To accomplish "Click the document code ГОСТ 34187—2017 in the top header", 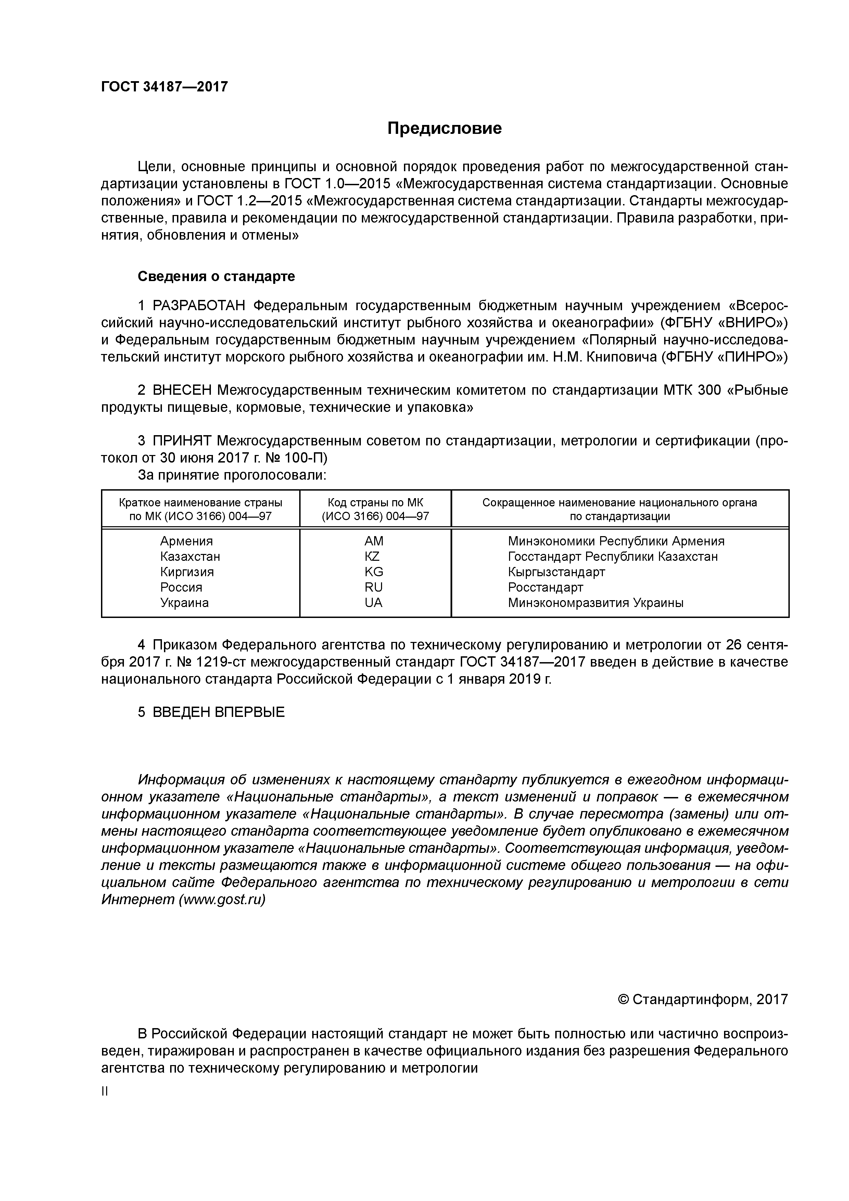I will [164, 87].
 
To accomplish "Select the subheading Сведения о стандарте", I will [216, 276].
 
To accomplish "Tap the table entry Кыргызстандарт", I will [556, 572].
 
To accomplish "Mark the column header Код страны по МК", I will [375, 503].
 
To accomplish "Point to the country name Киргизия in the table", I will [187, 572].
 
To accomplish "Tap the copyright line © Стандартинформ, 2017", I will [702, 1000].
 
